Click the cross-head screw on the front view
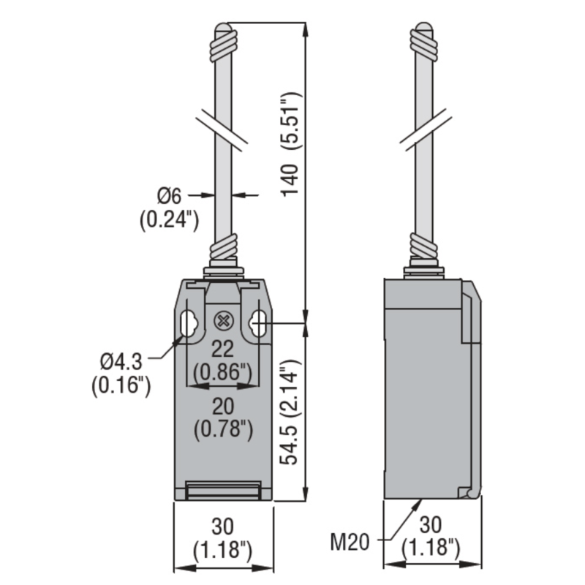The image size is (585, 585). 223,320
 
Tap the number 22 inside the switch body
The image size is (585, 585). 223,349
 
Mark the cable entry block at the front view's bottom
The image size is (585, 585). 223,492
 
